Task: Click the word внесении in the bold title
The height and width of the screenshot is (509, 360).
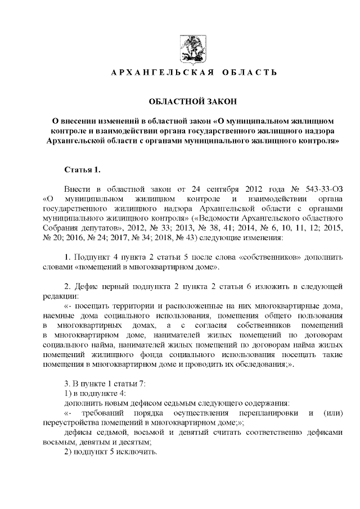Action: (82, 121)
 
